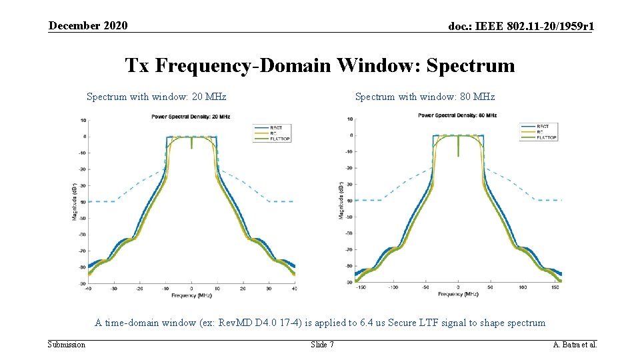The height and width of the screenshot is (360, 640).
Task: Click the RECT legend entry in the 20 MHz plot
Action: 275,127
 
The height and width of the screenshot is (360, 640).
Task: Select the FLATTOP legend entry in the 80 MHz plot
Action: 546,137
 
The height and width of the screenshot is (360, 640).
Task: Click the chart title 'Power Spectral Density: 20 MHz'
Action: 191,116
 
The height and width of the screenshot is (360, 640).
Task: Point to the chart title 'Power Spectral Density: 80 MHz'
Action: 457,115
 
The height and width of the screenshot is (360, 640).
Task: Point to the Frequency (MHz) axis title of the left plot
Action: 191,295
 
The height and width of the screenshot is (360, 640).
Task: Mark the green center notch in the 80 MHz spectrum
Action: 459,147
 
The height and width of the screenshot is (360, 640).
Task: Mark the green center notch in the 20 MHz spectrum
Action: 191,143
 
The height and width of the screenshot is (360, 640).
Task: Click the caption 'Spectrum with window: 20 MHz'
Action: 157,97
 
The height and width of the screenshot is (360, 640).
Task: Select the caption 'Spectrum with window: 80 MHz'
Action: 425,97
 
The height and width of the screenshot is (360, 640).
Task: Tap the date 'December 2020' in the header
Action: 87,25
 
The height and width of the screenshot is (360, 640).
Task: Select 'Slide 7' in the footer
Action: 323,344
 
